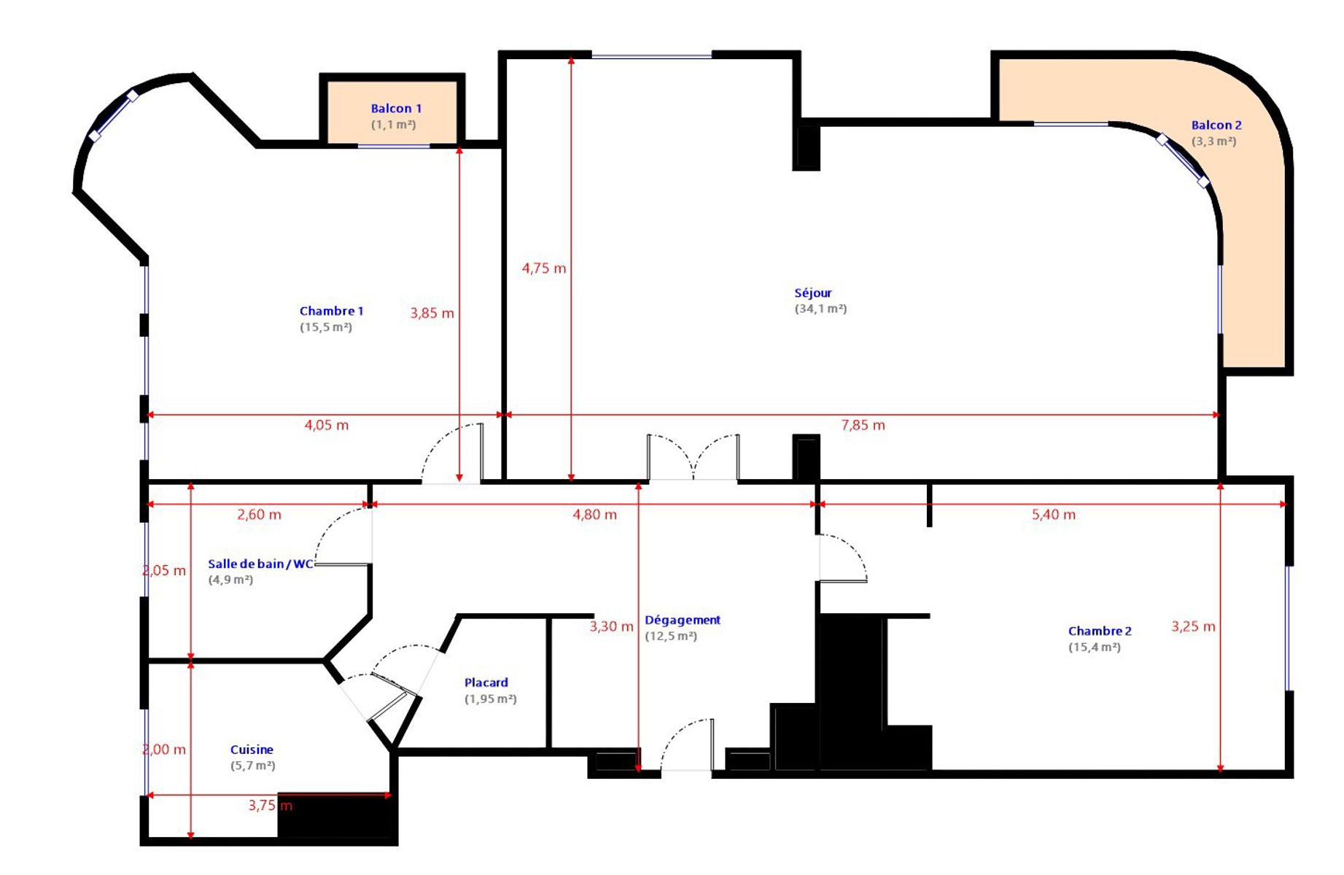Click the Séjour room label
(x=813, y=293)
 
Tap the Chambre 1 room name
(x=331, y=311)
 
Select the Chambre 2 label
(x=1100, y=631)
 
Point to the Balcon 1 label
(x=396, y=109)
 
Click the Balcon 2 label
(x=1216, y=125)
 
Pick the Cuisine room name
(x=252, y=750)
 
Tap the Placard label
(x=486, y=682)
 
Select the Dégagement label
(x=683, y=621)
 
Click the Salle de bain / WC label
(x=260, y=564)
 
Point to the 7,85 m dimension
(x=863, y=425)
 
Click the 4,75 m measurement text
(x=544, y=268)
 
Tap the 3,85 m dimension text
(x=432, y=314)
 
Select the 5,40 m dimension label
(x=1053, y=515)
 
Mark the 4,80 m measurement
(x=594, y=515)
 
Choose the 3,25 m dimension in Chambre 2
(x=1193, y=626)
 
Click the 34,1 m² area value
(x=820, y=309)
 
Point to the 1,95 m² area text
(x=490, y=699)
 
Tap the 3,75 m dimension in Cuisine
(x=270, y=806)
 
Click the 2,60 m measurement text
(x=259, y=515)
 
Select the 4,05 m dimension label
(x=326, y=425)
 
